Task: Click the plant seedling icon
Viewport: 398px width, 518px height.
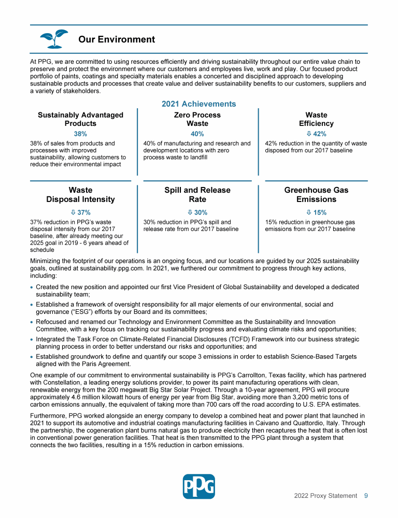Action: [x=54, y=39]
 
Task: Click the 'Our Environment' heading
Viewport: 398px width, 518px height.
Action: [x=117, y=39]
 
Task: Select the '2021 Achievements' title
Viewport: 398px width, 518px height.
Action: [x=198, y=104]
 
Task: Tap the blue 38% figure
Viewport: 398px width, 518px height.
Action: [x=80, y=133]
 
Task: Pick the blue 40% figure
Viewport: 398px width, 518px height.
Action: [x=197, y=133]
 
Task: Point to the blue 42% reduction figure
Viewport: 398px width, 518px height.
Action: [x=316, y=133]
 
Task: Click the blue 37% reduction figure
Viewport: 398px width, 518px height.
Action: [x=80, y=212]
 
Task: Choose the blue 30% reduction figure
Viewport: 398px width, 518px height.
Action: [x=197, y=212]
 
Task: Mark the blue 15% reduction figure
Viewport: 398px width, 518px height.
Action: [x=316, y=212]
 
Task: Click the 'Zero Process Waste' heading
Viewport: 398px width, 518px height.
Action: [x=197, y=119]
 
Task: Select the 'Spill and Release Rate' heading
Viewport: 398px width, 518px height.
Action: [x=197, y=195]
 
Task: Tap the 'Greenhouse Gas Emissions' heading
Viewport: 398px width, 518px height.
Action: [x=316, y=195]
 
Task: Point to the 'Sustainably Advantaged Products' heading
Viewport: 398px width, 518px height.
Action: [x=80, y=119]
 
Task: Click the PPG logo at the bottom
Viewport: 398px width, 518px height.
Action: [x=198, y=486]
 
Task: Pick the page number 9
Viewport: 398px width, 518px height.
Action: [x=366, y=496]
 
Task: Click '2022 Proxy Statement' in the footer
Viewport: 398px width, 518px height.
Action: [x=325, y=496]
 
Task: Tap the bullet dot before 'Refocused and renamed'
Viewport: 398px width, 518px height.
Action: [x=32, y=323]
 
